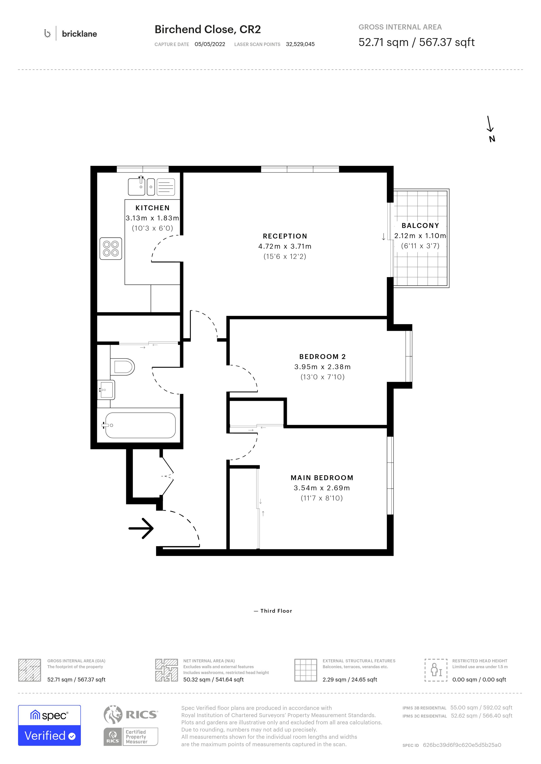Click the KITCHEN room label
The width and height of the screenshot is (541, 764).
tap(153, 208)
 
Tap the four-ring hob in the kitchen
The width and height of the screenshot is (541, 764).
tap(111, 248)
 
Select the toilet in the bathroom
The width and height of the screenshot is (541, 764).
tap(122, 367)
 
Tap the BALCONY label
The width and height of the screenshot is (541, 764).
tap(420, 226)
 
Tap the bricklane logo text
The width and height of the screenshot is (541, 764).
tap(80, 34)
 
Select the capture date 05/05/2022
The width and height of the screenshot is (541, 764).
tap(210, 44)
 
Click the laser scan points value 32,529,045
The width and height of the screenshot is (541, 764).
tap(300, 44)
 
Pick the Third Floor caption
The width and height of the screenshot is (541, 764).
tap(276, 611)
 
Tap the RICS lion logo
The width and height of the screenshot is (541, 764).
tap(113, 714)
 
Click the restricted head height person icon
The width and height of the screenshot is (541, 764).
tap(436, 670)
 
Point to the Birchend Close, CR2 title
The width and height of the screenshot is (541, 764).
tap(208, 30)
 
